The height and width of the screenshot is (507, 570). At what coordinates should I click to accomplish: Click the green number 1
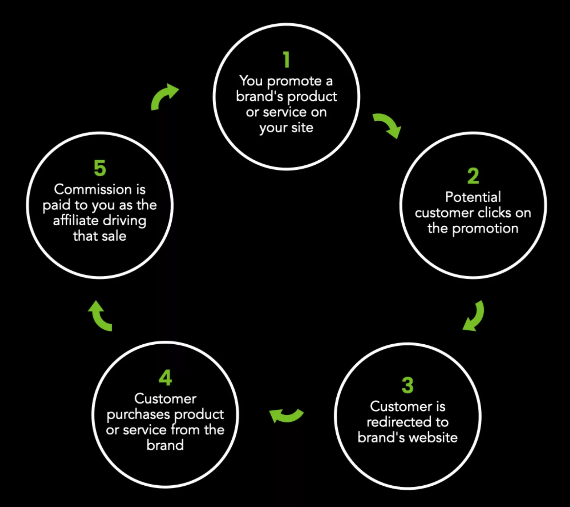287,60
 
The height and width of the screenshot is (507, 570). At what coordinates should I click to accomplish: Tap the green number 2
473,176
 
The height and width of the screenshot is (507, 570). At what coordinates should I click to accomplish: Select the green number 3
408,385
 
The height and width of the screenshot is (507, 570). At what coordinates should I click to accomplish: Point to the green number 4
165,378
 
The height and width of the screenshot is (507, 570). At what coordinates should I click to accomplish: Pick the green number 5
100,168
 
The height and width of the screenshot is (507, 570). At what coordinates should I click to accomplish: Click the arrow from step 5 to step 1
164,96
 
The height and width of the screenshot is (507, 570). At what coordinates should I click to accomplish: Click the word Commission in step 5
93,189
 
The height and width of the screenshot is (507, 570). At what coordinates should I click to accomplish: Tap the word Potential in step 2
473,197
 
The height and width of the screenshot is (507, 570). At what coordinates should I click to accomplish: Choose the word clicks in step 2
494,213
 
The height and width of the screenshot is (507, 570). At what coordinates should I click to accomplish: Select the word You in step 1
251,81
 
